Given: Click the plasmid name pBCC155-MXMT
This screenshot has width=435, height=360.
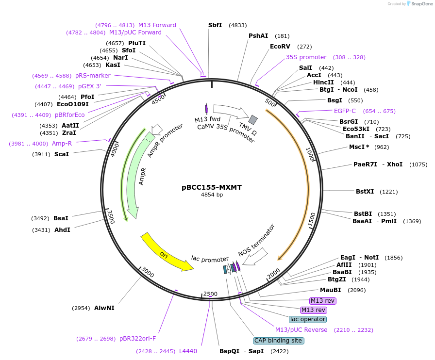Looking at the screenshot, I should [212, 187].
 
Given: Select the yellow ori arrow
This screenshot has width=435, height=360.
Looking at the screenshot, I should [165, 253].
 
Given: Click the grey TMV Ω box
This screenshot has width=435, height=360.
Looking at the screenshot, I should [253, 119].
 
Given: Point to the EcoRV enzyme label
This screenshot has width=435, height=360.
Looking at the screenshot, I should [280, 47].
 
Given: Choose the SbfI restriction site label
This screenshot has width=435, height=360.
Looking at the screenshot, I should [215, 25].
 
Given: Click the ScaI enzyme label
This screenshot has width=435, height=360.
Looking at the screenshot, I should [62, 154].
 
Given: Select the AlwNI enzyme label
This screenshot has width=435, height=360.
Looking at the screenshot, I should [104, 308].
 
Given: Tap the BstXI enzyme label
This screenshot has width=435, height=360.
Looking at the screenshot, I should [365, 191].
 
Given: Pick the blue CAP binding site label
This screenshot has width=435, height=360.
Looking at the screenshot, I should [279, 341].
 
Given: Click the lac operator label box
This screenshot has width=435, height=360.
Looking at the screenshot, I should [308, 319].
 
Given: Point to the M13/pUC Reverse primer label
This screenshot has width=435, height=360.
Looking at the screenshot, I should [301, 330].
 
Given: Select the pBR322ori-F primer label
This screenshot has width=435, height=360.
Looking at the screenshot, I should [138, 339].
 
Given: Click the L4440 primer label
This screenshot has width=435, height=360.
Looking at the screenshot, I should [188, 351].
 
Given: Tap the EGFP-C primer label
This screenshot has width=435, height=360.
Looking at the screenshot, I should [345, 111].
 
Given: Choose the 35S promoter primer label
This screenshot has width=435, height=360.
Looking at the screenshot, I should [306, 57].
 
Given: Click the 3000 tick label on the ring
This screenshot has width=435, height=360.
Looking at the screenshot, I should [148, 275].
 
